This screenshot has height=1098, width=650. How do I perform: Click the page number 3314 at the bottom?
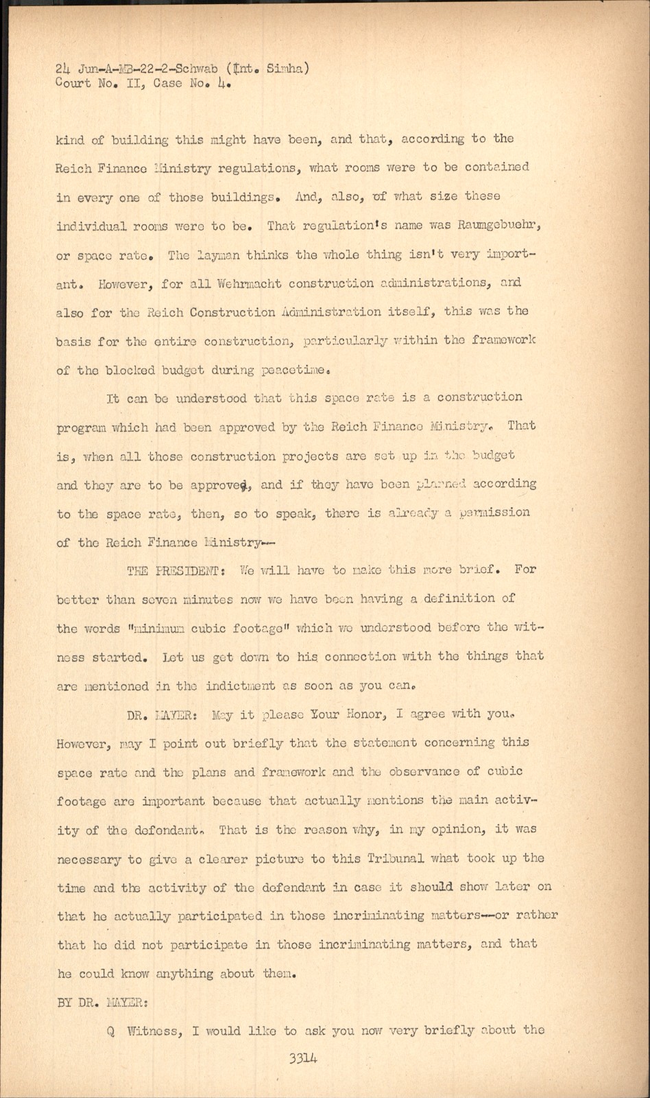point(303,1058)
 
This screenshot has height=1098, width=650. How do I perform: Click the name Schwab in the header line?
point(195,68)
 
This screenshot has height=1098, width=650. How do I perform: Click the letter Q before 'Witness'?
point(110,1031)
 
